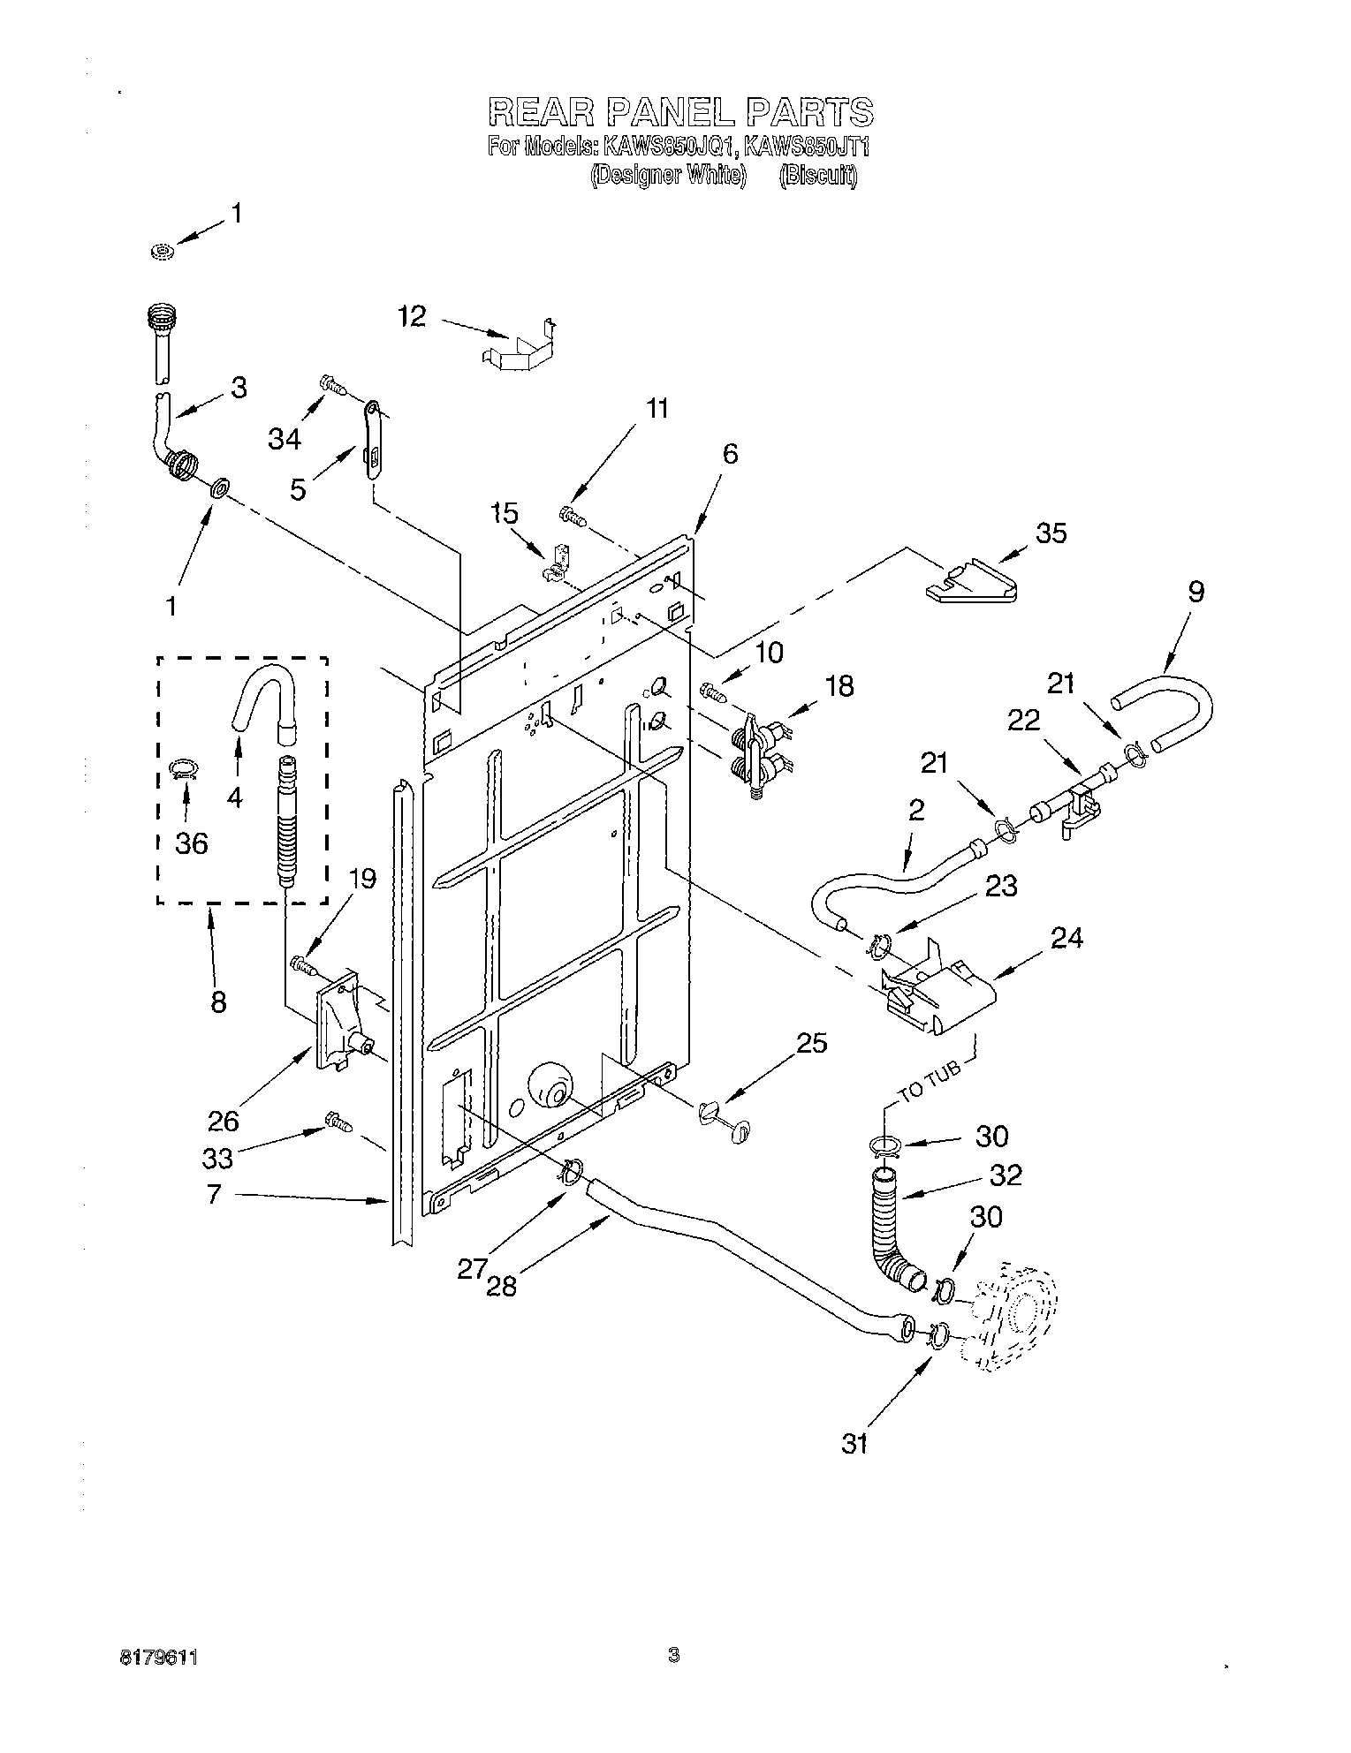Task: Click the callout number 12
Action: [413, 316]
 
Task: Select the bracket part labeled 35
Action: [971, 581]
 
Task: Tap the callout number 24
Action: [1066, 938]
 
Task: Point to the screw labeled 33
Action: [338, 1122]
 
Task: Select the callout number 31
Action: [854, 1444]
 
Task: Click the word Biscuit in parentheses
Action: [818, 176]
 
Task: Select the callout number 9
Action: [1195, 592]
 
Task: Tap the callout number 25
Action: [812, 1043]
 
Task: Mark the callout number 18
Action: [840, 686]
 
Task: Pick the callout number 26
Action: [224, 1121]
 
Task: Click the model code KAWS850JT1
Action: [808, 146]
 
